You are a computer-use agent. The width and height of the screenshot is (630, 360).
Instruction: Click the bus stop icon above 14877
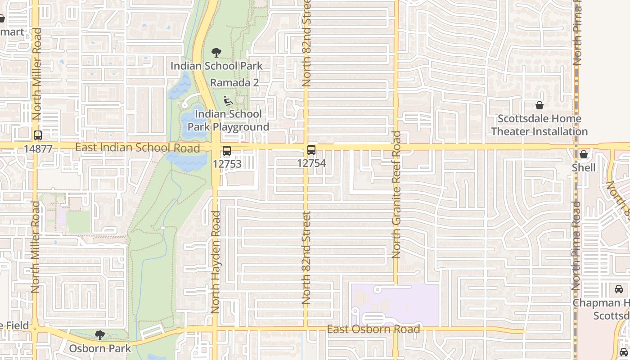pos(38,135)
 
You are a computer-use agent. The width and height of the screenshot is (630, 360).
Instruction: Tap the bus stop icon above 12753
pos(227,151)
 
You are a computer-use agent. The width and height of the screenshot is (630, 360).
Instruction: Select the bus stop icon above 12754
pos(311,150)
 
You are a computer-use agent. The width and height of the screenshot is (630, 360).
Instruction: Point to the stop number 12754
pos(311,163)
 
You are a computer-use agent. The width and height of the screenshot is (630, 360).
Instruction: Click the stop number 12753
pos(227,164)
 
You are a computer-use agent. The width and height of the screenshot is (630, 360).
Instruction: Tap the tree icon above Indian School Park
pos(216,52)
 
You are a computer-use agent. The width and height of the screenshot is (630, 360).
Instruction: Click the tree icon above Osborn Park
pos(100,335)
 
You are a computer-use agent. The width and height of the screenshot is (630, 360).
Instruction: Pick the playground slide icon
pos(228,101)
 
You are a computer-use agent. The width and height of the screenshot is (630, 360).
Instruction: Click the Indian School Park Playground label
pos(228,121)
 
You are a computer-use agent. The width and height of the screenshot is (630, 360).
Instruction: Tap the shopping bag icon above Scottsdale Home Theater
pos(540,106)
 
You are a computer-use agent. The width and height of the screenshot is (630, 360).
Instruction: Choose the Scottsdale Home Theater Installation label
pos(539,125)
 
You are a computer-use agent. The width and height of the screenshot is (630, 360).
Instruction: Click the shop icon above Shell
pos(584,155)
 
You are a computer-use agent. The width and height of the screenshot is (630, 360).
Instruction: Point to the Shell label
pos(584,168)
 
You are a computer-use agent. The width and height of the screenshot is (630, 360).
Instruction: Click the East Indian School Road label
pos(137,148)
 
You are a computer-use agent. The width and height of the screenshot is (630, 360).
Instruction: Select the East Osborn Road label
pos(373,329)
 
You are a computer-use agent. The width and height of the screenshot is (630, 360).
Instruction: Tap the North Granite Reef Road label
pos(396,194)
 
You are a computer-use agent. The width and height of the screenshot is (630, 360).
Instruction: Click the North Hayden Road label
pos(216,262)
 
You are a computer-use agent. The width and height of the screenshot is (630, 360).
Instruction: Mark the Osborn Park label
pos(100,348)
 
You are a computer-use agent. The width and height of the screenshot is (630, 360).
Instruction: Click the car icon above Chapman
pos(619,289)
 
